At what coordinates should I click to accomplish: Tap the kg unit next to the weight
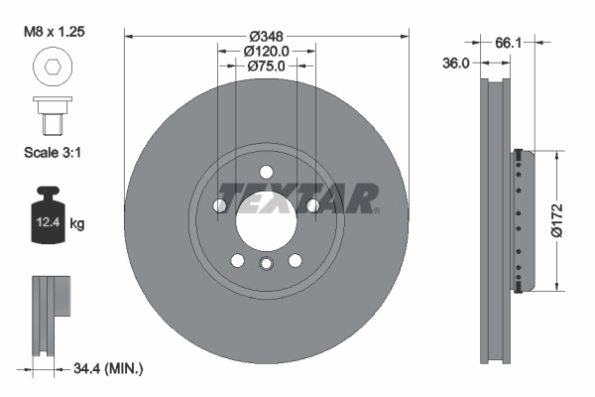(77, 224)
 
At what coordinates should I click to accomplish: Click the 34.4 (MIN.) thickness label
(109, 368)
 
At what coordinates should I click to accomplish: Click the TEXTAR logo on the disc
(297, 198)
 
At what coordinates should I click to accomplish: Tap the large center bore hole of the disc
(266, 212)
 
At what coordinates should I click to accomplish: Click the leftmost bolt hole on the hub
(219, 205)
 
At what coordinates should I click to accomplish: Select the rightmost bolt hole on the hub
(313, 205)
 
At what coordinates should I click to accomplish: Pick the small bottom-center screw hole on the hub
(266, 264)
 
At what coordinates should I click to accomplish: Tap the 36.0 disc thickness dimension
(456, 62)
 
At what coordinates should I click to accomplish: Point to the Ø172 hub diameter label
(557, 221)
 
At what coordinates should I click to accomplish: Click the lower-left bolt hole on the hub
(237, 260)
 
